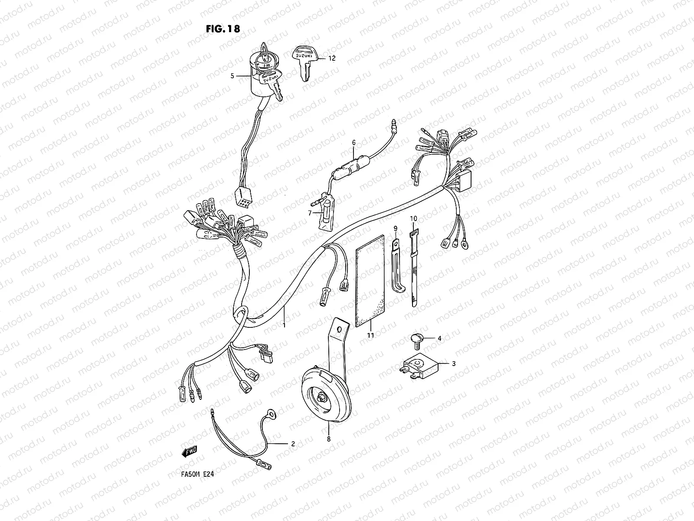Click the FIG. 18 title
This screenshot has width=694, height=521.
(x=223, y=29)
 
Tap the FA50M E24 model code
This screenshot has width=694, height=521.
(x=198, y=474)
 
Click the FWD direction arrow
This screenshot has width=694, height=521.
(x=190, y=451)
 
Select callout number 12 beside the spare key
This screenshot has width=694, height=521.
(x=332, y=58)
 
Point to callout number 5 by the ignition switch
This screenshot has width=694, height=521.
(x=232, y=76)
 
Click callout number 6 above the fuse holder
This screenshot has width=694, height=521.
(x=354, y=143)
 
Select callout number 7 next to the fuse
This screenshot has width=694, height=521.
(x=310, y=213)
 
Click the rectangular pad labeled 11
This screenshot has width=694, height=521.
(x=370, y=281)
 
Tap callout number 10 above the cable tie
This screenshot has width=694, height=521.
(x=413, y=218)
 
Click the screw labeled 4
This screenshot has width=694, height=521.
(x=417, y=341)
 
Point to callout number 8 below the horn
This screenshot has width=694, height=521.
(x=329, y=439)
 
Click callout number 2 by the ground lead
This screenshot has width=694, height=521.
(x=293, y=444)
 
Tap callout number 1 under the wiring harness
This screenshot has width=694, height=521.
(x=284, y=325)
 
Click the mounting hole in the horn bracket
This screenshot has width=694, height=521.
(x=339, y=330)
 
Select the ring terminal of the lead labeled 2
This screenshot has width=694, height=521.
(x=271, y=413)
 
